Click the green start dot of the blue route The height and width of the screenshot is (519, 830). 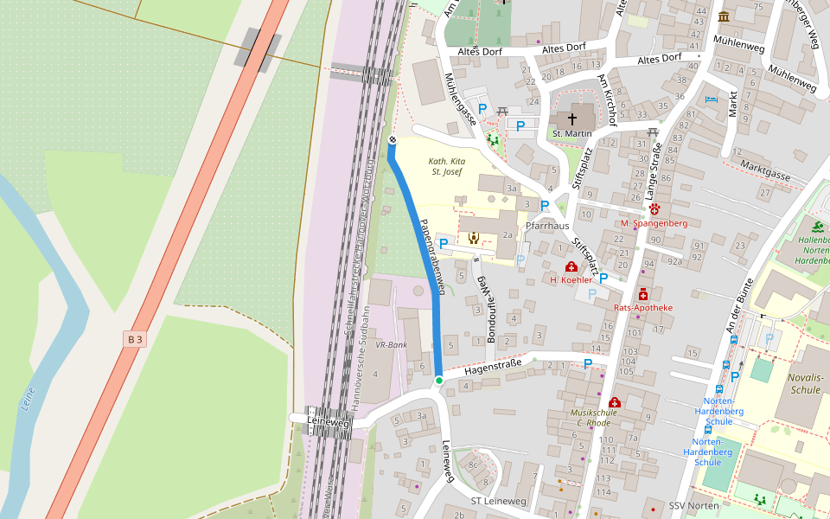[438, 381]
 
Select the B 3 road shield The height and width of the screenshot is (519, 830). [134, 339]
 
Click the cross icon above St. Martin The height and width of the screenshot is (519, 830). [571, 119]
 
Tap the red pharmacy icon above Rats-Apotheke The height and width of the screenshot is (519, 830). [642, 295]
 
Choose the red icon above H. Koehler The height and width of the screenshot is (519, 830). [571, 267]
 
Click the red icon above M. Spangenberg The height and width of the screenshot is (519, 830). [654, 209]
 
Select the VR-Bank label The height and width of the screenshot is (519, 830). [392, 344]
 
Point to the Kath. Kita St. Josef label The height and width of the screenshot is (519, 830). [447, 167]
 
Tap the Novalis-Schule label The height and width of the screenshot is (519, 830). [806, 383]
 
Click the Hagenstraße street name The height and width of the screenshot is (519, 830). [493, 367]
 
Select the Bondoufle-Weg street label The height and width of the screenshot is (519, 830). [485, 310]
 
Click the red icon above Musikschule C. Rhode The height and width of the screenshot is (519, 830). [614, 402]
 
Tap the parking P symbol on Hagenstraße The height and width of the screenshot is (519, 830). [588, 364]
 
